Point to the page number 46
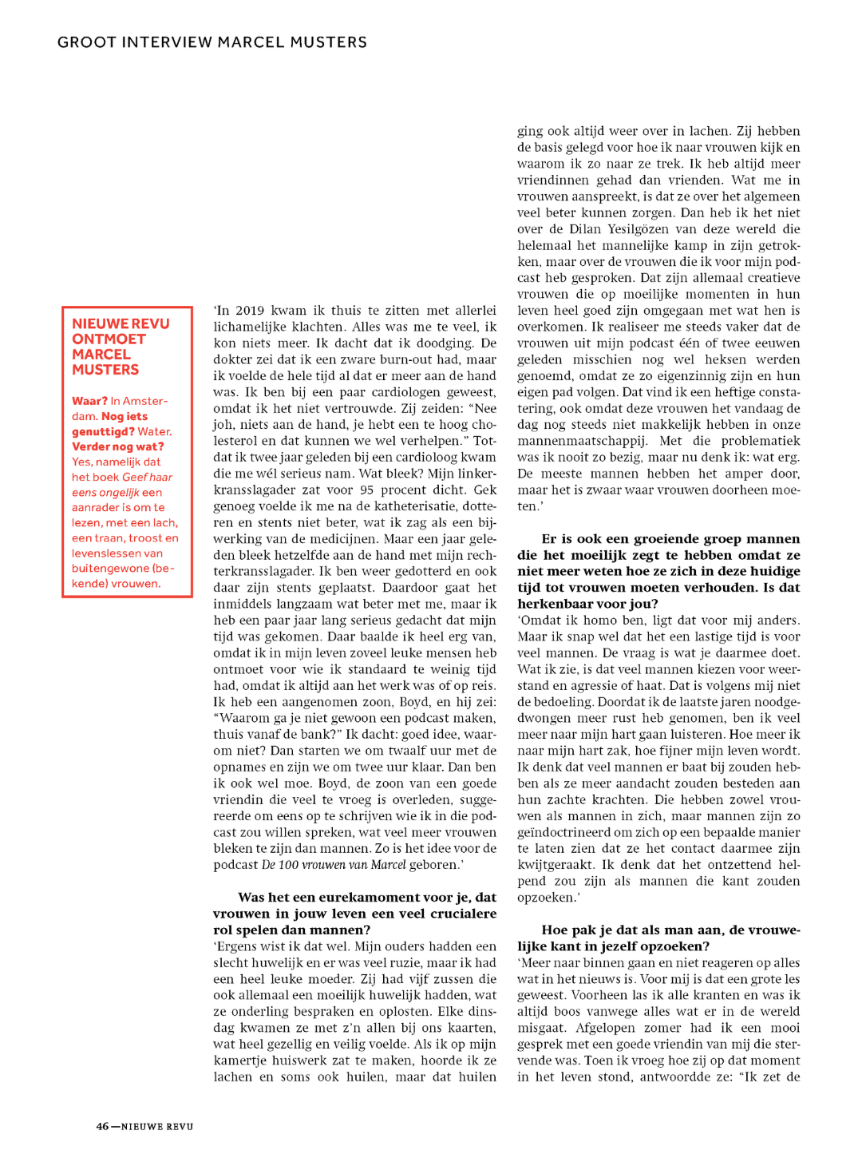click(102, 1127)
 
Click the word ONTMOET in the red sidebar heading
click(109, 339)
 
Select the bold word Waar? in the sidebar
click(89, 401)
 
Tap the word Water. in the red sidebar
click(155, 431)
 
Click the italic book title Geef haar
click(148, 477)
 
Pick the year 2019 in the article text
click(249, 311)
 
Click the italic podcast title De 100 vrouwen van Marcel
click(334, 865)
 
